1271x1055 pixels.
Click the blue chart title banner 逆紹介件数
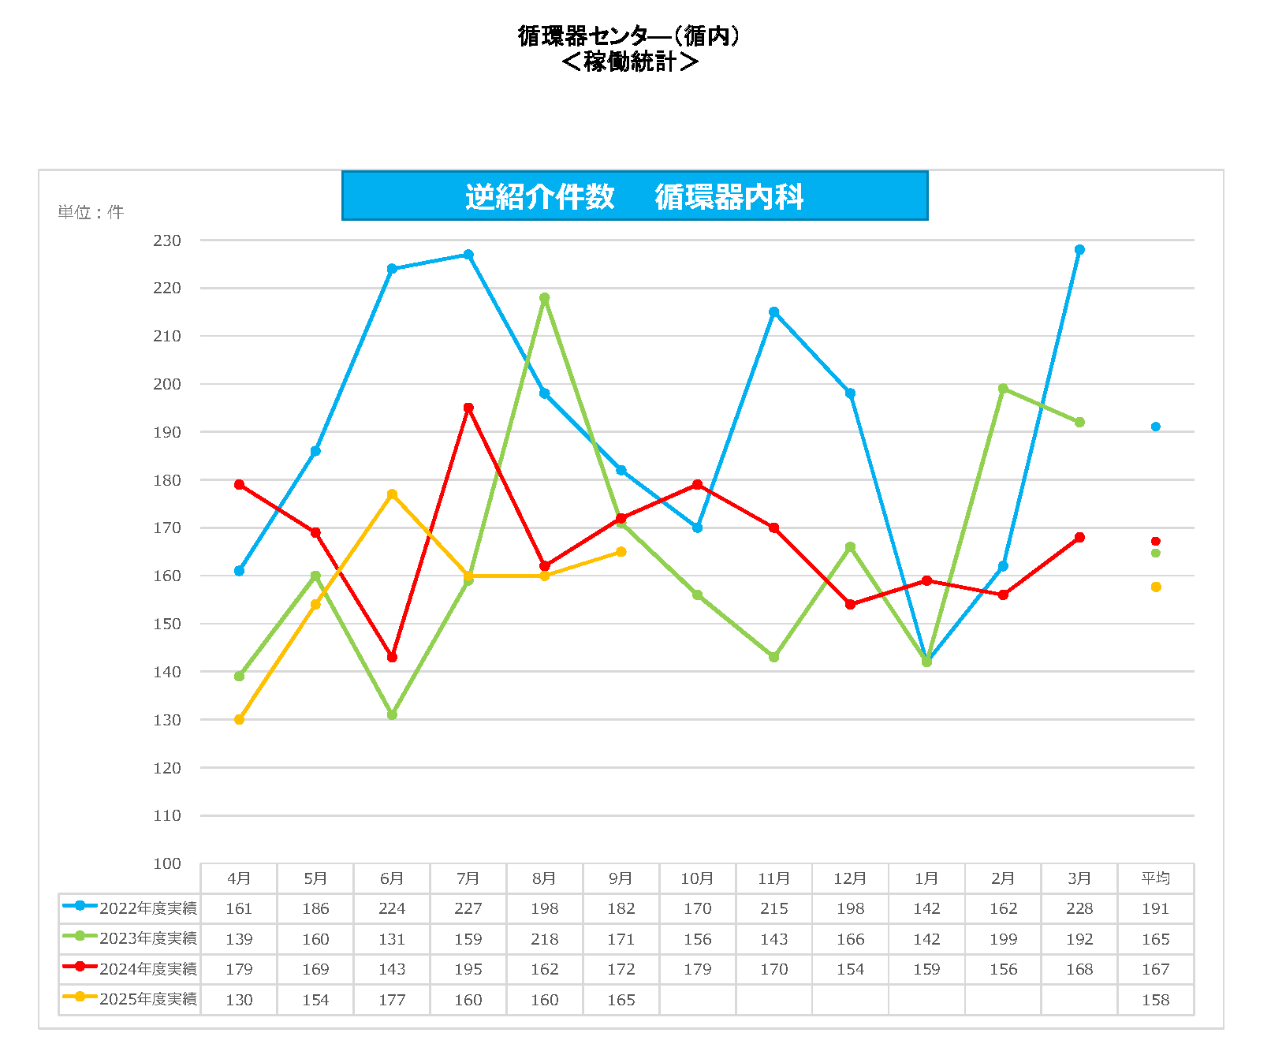634,196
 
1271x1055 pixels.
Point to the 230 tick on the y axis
167,240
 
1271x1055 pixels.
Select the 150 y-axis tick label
167,624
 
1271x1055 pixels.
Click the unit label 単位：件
91,212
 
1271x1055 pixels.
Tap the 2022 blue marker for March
1079,250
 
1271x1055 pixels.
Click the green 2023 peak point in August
545,298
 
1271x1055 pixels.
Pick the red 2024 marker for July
468,408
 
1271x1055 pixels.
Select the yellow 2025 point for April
239,719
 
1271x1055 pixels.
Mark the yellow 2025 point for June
392,494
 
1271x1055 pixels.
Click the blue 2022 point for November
773,312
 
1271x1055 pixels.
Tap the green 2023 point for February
1003,389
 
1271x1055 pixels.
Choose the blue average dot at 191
1156,427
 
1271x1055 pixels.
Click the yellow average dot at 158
1156,587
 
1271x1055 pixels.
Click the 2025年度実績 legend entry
131,999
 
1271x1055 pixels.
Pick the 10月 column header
697,878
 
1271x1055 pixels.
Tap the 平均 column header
1156,878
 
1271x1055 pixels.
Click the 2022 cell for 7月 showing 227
468,908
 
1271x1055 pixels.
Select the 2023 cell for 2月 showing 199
1003,939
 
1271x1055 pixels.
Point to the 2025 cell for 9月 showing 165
621,1000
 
